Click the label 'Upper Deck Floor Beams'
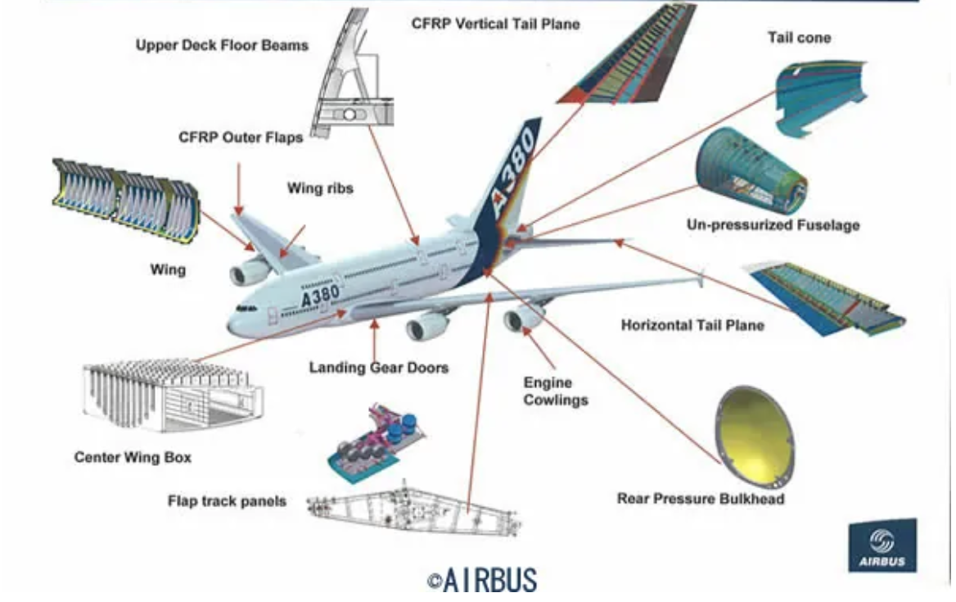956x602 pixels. pos(222,45)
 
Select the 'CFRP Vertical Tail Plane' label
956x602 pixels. pos(495,24)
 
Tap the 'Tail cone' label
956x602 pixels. pos(799,38)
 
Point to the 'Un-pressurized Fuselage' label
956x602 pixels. pos(773,224)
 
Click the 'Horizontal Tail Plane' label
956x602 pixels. pos(692,325)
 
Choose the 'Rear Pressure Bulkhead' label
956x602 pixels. pos(701,498)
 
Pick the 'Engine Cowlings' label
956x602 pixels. pos(556,392)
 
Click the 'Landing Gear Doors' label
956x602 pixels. pos(378,368)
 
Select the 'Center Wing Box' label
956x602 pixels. pos(133,457)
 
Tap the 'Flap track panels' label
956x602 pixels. pos(227,500)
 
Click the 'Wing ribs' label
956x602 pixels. pos(320,188)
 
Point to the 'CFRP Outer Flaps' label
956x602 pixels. pos(241,138)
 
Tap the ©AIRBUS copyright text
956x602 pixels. pos(482,580)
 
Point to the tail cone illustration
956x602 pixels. pos(818,97)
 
